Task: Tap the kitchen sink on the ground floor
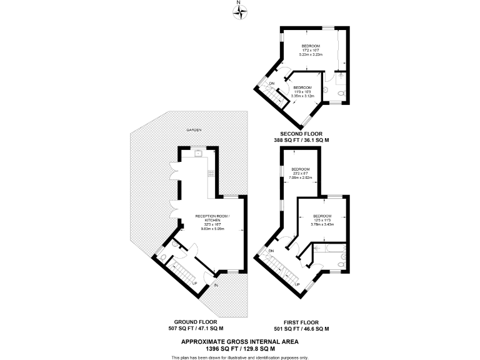pyautogui.click(x=197, y=152)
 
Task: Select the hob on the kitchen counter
pyautogui.click(x=211, y=173)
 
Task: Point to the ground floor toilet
pyautogui.click(x=162, y=256)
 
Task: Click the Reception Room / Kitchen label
pyautogui.click(x=212, y=222)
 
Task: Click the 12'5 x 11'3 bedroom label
pyautogui.click(x=323, y=220)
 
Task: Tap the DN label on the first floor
pyautogui.click(x=271, y=251)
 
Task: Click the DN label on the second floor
pyautogui.click(x=272, y=84)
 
